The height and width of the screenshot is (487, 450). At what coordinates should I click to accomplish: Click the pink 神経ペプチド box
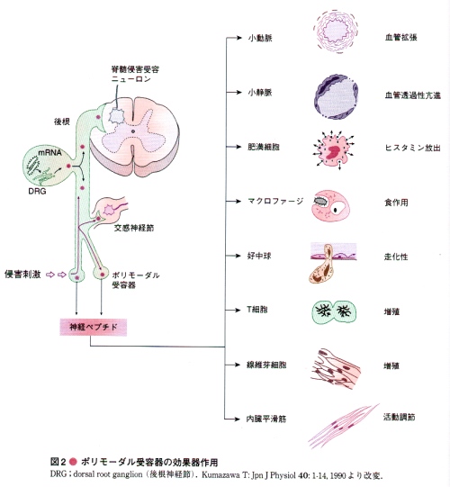94,327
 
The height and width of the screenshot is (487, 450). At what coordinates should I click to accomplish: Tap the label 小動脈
260,38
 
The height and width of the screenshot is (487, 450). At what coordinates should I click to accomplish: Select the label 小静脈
260,92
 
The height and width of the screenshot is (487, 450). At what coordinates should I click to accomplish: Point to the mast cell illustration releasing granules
334,150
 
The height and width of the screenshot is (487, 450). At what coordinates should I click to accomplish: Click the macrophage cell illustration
330,205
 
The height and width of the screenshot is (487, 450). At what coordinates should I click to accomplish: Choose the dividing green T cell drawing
334,312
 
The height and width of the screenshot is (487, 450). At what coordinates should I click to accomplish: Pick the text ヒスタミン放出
413,148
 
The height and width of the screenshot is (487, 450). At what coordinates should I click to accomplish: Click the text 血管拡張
400,38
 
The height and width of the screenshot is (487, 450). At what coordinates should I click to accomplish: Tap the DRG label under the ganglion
37,191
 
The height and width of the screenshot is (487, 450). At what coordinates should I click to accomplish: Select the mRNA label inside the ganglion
50,152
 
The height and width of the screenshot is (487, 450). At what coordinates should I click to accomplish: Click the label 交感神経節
134,228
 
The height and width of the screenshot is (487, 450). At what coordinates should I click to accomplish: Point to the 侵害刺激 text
22,275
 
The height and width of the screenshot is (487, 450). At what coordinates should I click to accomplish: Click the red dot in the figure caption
73,462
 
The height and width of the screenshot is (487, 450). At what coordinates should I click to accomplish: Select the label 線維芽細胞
266,365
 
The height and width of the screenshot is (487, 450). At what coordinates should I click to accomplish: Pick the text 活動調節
400,417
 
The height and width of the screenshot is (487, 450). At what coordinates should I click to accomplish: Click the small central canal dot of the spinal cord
133,131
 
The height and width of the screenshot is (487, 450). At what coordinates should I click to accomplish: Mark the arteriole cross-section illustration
336,32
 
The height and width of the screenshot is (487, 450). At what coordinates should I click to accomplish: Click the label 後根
62,122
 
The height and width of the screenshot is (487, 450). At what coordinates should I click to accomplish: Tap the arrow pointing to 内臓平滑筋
233,419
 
